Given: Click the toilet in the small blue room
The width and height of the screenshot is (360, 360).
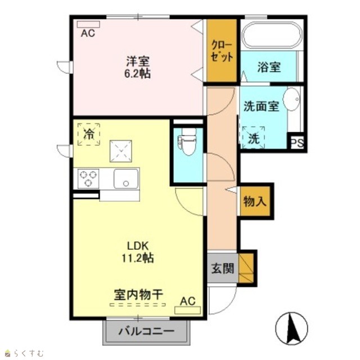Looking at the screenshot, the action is (x=187, y=141).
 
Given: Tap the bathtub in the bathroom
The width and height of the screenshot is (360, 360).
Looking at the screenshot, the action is (x=272, y=35).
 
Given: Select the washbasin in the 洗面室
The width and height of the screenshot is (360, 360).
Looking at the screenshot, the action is (x=291, y=99).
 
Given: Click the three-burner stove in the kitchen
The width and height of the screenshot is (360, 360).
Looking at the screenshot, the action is (x=88, y=179).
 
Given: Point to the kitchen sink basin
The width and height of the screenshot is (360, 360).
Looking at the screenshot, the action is (x=126, y=179).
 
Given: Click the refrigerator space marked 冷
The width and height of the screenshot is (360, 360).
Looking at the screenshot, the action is (x=89, y=134).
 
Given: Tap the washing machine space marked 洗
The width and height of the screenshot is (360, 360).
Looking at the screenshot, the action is (x=254, y=138).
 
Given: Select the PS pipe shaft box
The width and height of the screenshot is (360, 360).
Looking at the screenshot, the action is (x=297, y=143).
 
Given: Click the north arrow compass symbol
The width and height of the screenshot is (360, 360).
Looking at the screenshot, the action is (x=291, y=328).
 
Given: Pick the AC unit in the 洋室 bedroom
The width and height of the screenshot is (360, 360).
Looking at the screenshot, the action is (x=88, y=24).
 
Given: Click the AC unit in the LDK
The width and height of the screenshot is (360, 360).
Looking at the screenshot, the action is (x=187, y=310).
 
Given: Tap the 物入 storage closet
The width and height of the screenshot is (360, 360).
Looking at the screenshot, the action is (x=255, y=201).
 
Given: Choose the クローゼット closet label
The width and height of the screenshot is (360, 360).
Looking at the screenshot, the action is (x=222, y=51).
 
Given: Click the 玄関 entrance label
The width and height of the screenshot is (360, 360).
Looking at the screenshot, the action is (x=223, y=268).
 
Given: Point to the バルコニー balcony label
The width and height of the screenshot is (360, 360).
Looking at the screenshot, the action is (x=146, y=331).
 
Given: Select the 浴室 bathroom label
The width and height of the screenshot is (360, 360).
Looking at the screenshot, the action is (x=269, y=67).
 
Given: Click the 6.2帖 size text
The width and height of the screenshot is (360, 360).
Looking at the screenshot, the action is (x=137, y=74).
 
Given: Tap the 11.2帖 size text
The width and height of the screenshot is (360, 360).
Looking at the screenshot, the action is (x=137, y=258).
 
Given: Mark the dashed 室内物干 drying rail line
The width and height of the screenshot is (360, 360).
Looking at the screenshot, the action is (x=137, y=305).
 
